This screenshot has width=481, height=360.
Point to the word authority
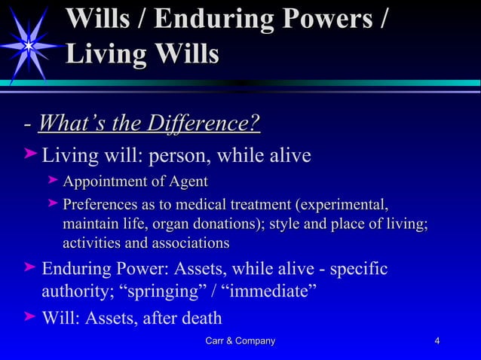(78, 291)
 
